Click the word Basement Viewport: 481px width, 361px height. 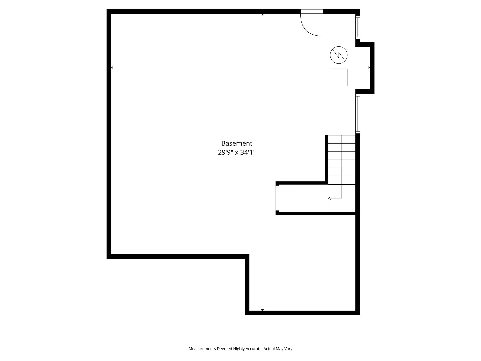(x=237, y=143)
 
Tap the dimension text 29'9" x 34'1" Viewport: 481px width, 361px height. (x=237, y=152)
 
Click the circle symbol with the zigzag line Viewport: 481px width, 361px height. (x=339, y=55)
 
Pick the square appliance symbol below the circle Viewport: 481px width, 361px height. (x=339, y=77)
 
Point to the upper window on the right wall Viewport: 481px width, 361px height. (x=358, y=27)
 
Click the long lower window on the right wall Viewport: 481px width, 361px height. (x=358, y=114)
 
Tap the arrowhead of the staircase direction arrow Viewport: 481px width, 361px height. (x=330, y=198)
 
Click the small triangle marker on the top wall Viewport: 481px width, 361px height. (x=262, y=15)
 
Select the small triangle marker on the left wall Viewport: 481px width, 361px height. (x=112, y=68)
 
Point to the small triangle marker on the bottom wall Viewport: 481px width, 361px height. (x=262, y=310)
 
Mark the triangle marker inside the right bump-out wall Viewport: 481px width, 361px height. (x=369, y=68)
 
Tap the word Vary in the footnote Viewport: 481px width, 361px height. (x=288, y=349)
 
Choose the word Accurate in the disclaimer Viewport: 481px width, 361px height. (x=254, y=349)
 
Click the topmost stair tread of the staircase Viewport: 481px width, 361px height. (x=342, y=139)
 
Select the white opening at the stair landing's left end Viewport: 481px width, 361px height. (x=277, y=198)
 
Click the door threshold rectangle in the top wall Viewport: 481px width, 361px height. (x=312, y=11)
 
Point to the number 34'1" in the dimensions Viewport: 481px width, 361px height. (x=248, y=152)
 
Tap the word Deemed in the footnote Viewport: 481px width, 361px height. (x=224, y=349)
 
